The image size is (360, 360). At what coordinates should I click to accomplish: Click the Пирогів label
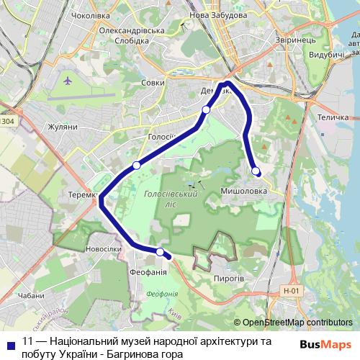230,277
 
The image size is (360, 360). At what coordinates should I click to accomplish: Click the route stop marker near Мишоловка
256,170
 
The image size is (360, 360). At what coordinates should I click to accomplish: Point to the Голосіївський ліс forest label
171,199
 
